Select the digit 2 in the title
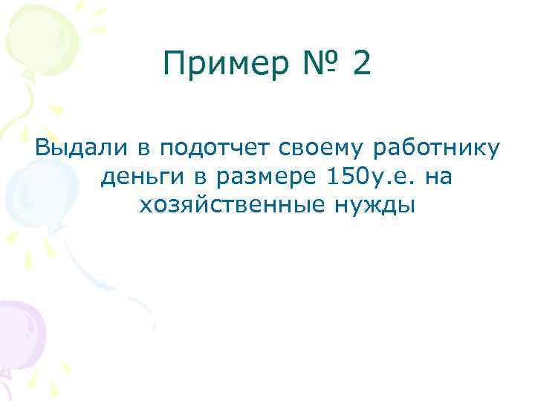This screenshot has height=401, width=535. pyautogui.click(x=360, y=65)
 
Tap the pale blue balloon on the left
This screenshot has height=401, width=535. pyautogui.click(x=26, y=189)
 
